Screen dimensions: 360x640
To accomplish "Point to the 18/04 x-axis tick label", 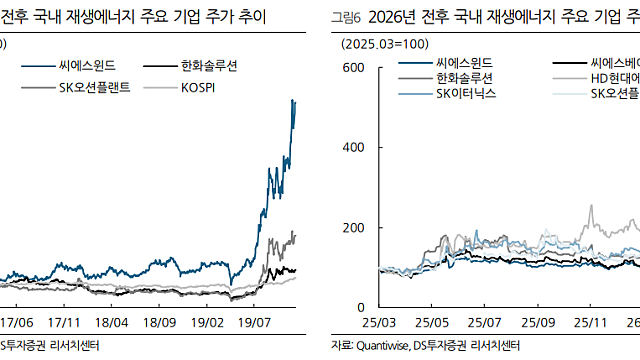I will tap(112, 324).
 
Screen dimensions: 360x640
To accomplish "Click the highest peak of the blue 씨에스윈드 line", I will tap(292, 100).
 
